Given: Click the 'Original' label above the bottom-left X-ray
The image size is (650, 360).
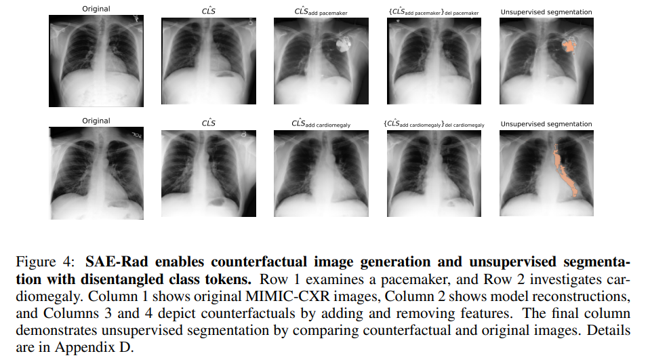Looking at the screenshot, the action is click(96, 121).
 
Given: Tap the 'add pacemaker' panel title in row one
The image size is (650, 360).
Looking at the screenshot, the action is click(321, 12).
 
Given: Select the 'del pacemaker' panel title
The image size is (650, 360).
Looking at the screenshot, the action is click(434, 12).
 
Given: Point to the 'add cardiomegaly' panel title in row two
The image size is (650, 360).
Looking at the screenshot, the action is click(321, 124).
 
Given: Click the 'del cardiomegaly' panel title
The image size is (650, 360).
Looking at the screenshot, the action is click(434, 125).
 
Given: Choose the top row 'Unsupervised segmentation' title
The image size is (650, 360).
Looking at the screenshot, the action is click(546, 12).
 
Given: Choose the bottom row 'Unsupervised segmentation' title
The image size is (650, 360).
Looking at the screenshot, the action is click(546, 124).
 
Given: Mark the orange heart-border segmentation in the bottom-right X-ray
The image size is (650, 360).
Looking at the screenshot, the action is click(563, 169).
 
